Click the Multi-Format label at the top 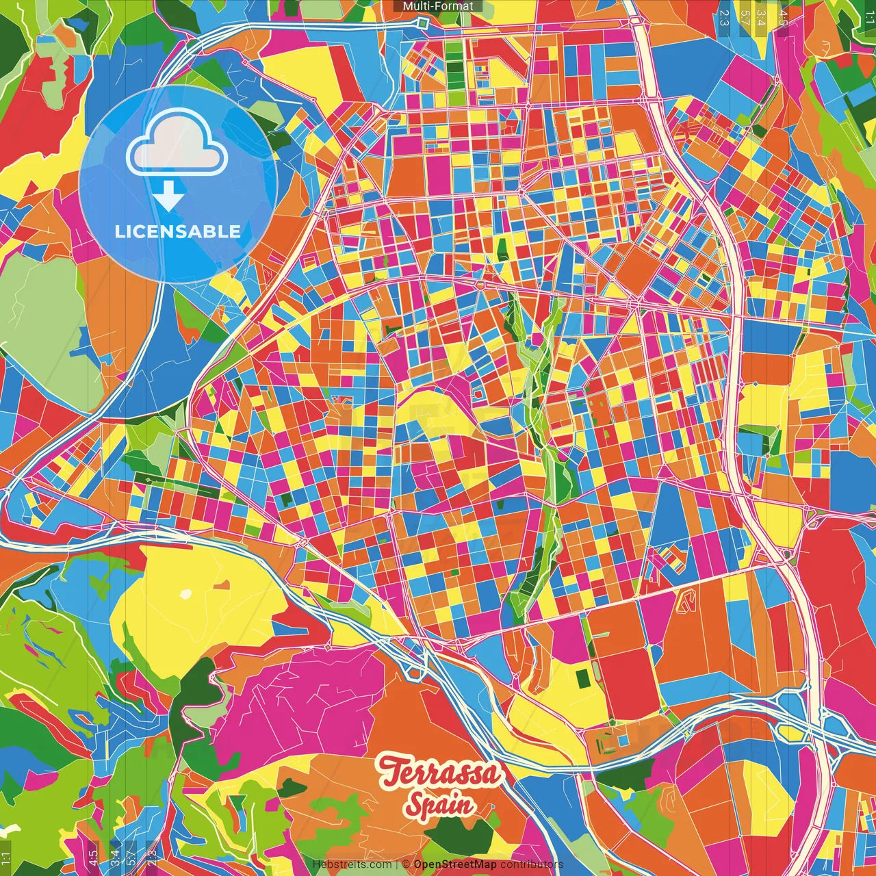pos(438,6)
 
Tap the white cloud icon pos(177,144)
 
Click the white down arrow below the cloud pos(168,197)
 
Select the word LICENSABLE pos(178,231)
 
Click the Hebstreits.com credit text pos(352,864)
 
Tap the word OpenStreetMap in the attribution pos(455,864)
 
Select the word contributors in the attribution pos(532,864)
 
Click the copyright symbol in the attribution pos(406,864)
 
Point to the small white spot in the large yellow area pos(185,594)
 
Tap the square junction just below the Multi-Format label pos(422,24)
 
